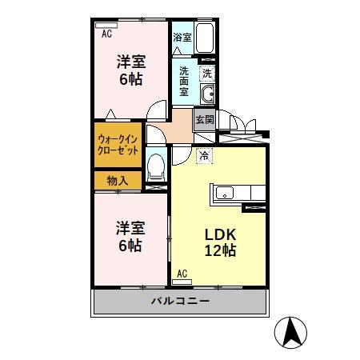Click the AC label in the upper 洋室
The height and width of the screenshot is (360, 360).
(x=106, y=34)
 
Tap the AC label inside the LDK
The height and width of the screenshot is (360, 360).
(x=182, y=274)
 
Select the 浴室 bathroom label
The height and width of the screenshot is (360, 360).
(x=182, y=37)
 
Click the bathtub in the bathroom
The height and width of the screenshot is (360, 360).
(x=206, y=39)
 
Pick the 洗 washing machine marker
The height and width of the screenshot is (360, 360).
(x=207, y=73)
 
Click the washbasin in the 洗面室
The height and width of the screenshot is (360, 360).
(x=209, y=97)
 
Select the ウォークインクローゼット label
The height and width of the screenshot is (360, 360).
(x=118, y=144)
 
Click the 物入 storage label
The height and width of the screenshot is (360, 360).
(x=117, y=181)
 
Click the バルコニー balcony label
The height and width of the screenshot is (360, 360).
(x=181, y=302)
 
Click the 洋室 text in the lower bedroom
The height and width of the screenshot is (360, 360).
(x=128, y=226)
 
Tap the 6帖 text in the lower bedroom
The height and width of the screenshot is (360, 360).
(x=129, y=245)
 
